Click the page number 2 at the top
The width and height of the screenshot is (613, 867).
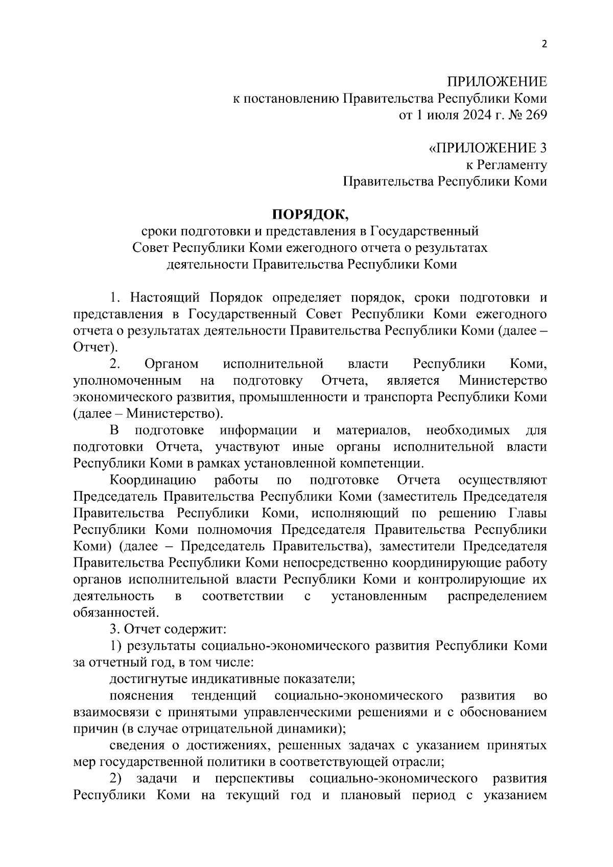coord(544,44)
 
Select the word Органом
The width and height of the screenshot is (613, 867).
coord(172,364)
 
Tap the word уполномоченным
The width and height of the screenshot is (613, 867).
coord(127,381)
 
